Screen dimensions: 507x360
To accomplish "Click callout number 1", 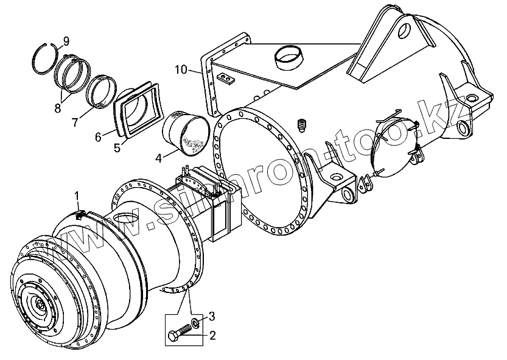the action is tap(77, 195).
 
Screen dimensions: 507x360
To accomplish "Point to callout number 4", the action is tap(158, 158).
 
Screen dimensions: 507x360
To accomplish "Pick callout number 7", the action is tap(75, 122).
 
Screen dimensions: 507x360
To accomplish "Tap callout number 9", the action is tap(66, 41).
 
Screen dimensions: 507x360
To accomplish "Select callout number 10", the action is tap(180, 69).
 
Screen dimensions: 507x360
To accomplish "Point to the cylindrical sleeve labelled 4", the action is tap(186, 133).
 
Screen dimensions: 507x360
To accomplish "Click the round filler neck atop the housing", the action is tap(290, 57).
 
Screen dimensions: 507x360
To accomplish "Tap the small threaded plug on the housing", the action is tap(302, 125).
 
